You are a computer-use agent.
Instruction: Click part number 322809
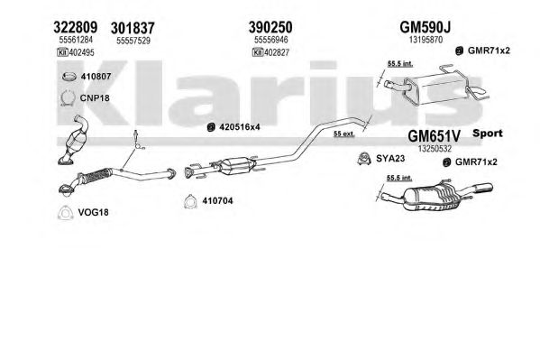point(76,27)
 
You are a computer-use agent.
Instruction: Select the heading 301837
point(133,28)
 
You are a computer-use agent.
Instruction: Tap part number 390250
point(270,27)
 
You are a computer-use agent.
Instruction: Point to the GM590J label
point(425,27)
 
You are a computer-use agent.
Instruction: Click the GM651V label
point(434,136)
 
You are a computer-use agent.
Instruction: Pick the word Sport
point(488,134)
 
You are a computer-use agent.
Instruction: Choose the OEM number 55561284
point(76,40)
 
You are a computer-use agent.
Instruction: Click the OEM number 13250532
point(435,149)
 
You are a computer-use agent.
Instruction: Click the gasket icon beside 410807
point(69,77)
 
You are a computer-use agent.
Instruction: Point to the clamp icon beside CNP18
point(68,98)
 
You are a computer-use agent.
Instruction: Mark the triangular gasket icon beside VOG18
point(66,213)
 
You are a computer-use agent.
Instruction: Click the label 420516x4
point(240,127)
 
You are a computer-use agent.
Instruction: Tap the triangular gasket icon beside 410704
point(190,202)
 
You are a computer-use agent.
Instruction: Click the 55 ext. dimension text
point(343,134)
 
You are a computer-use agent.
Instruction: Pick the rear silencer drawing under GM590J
point(435,86)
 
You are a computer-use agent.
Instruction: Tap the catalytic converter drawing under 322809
point(75,140)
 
